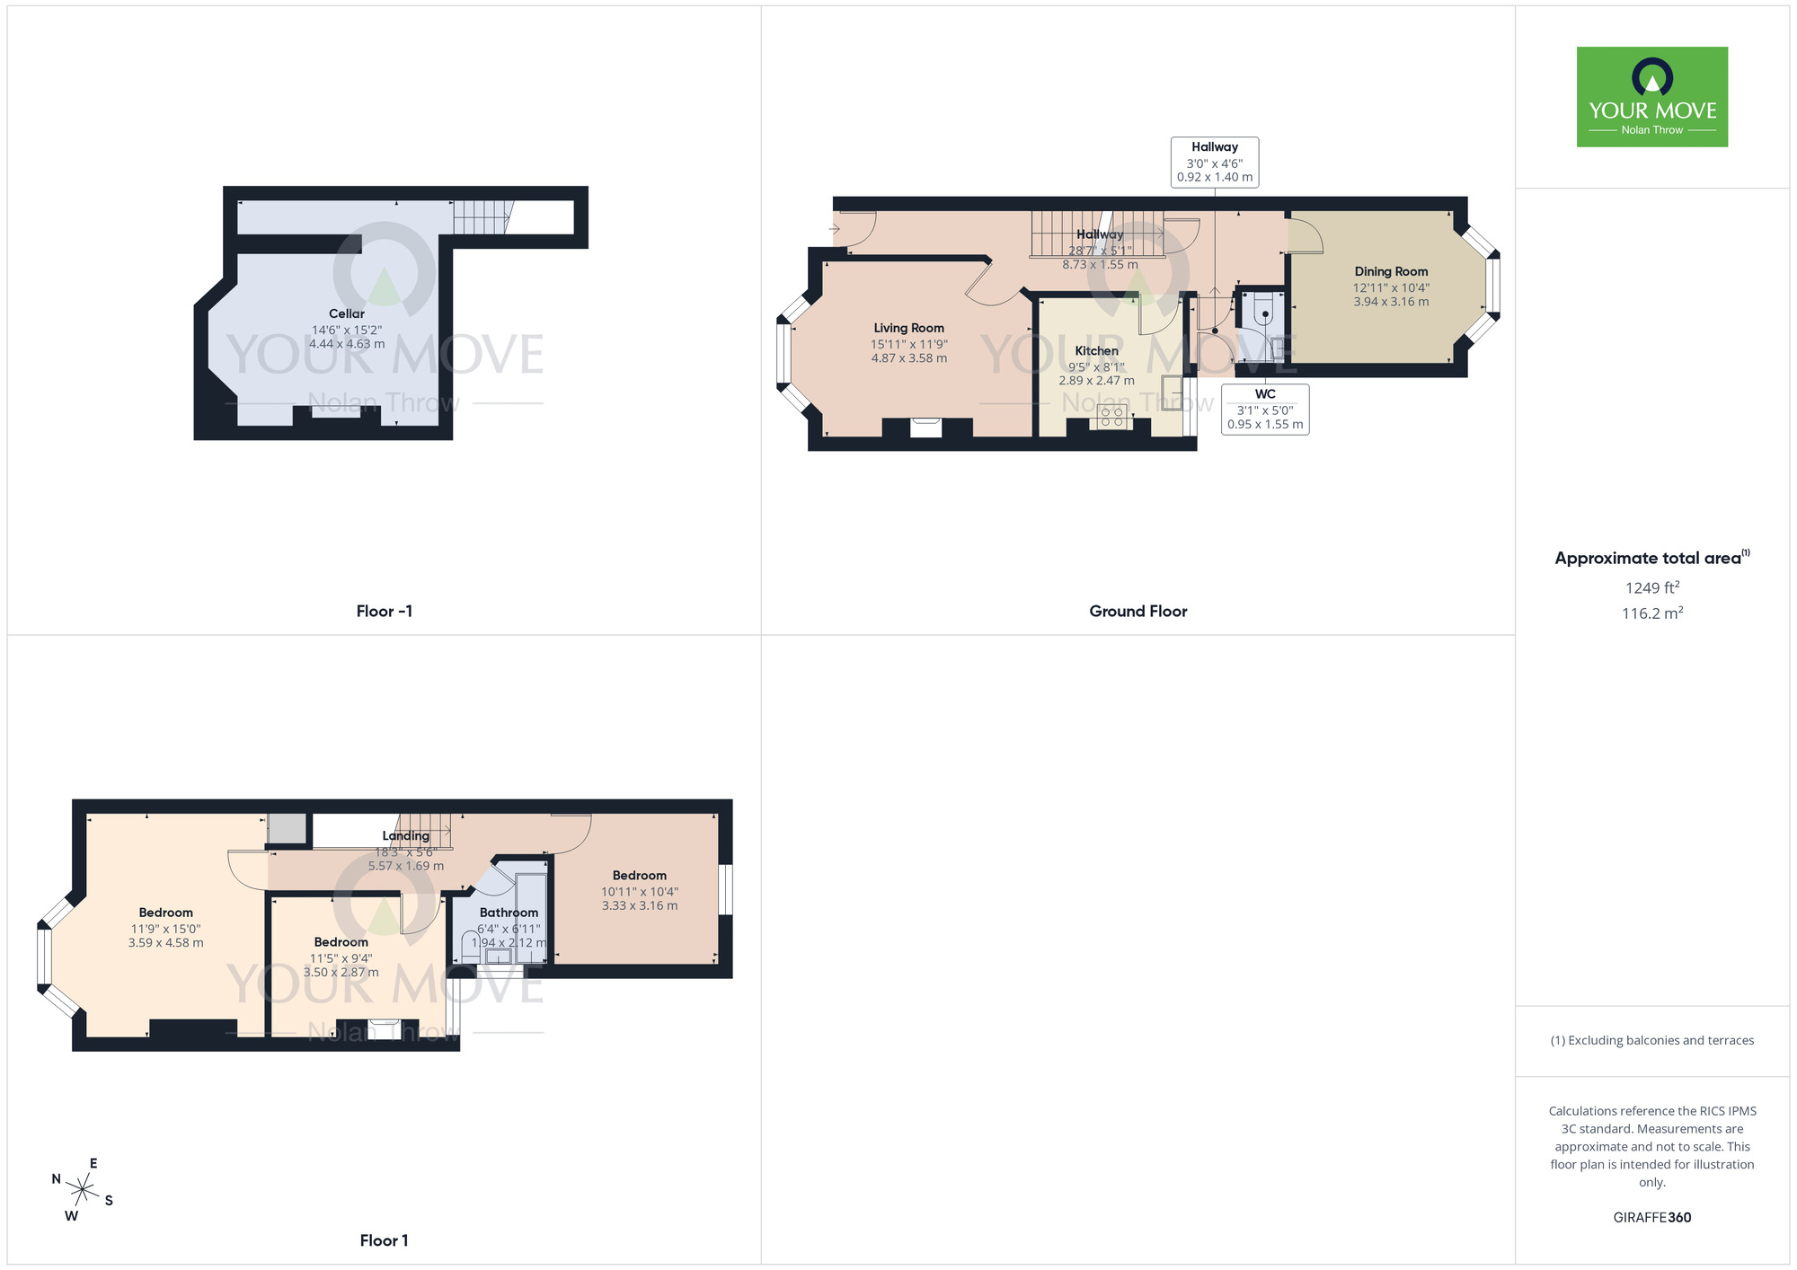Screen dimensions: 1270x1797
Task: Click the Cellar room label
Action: click(x=347, y=313)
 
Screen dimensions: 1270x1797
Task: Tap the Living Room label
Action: click(x=908, y=328)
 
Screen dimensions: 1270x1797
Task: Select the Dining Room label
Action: click(x=1391, y=271)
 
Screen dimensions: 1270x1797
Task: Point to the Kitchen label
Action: click(x=1096, y=351)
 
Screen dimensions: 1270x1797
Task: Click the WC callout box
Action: click(x=1265, y=410)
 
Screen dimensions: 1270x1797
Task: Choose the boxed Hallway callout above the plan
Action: click(x=1215, y=162)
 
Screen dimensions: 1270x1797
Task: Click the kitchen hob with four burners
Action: click(x=1111, y=417)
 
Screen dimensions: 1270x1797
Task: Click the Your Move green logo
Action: click(x=1651, y=97)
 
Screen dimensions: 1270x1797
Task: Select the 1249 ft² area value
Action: click(x=1651, y=588)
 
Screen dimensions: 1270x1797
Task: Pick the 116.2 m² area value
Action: click(x=1651, y=613)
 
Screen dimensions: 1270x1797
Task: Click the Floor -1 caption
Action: click(x=384, y=612)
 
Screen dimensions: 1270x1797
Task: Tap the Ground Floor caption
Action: click(x=1138, y=612)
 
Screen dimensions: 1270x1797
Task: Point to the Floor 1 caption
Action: click(x=384, y=1240)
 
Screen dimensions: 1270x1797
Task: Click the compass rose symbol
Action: click(x=83, y=1191)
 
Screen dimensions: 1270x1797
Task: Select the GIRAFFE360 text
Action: click(x=1651, y=1218)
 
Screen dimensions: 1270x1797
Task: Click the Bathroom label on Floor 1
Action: click(x=509, y=913)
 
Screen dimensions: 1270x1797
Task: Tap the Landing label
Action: click(x=405, y=836)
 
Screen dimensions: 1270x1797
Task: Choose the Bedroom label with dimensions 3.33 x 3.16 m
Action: click(x=640, y=876)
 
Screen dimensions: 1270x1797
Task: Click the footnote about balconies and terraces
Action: click(x=1651, y=1040)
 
